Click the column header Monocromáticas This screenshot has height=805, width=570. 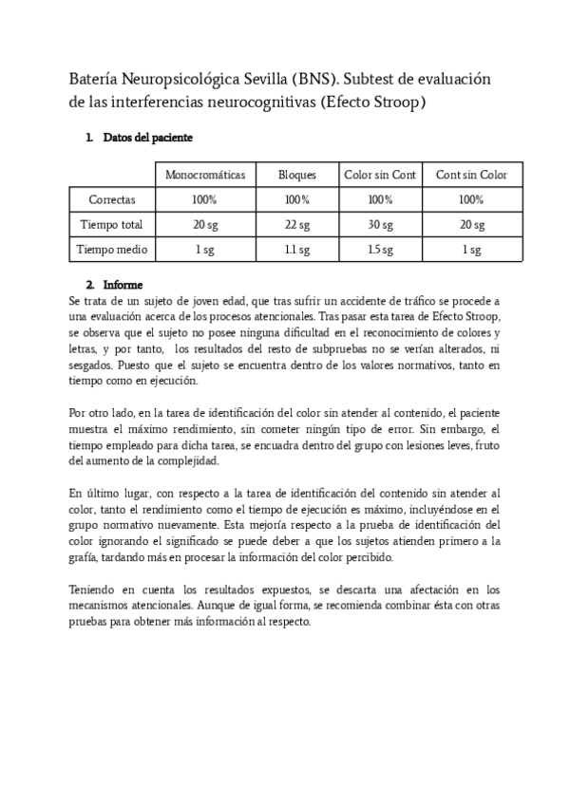[205, 175]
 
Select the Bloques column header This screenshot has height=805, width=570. [296, 175]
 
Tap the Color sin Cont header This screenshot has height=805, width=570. [380, 175]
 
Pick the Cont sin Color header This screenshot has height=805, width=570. [471, 175]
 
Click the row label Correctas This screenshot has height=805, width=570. [112, 200]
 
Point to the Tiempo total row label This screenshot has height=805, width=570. [112, 225]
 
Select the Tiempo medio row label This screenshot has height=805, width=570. [112, 250]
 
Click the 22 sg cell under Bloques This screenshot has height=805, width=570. [296, 225]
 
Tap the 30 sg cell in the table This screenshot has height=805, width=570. [380, 225]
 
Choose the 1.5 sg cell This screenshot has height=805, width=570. [380, 250]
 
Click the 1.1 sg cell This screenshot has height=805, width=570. [296, 250]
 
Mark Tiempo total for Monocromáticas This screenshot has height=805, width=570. [205, 225]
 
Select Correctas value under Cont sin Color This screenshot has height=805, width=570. [471, 200]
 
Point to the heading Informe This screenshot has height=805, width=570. [123, 284]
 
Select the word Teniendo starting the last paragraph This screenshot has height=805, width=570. [94, 590]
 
